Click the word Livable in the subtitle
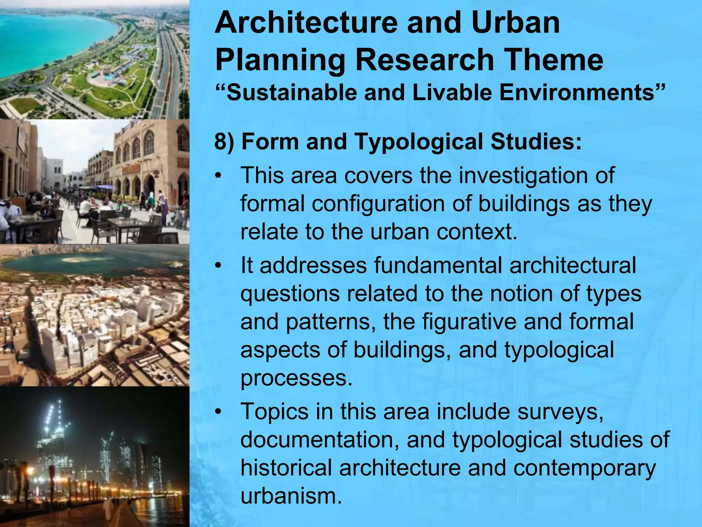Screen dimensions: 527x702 (x=452, y=93)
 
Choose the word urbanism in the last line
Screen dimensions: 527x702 (x=291, y=495)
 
